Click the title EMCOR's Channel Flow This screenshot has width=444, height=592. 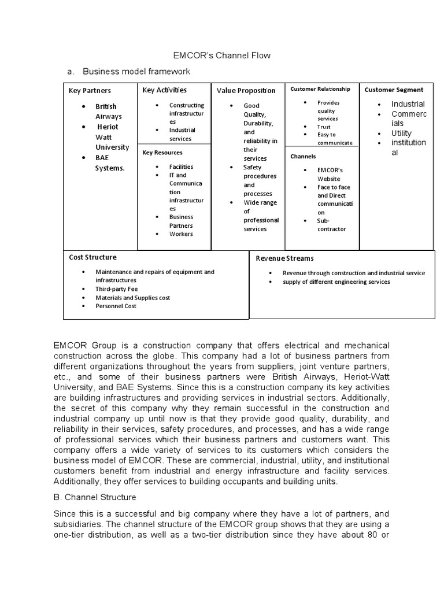[222, 55]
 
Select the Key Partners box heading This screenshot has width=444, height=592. [90, 91]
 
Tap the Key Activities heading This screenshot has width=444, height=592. [165, 90]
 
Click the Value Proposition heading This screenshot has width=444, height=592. [246, 91]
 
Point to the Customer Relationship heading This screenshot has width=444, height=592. [320, 89]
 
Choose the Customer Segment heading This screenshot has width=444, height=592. [394, 90]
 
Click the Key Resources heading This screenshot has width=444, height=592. [162, 153]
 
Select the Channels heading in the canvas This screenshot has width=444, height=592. [303, 157]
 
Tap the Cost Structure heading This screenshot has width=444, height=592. [92, 257]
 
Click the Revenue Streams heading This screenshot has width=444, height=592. [285, 258]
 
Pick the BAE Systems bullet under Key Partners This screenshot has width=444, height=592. [110, 162]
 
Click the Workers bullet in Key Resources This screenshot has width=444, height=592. [181, 234]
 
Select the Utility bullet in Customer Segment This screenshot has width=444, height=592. [401, 133]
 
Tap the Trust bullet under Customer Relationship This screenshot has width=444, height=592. [324, 127]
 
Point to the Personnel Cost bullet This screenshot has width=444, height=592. [116, 306]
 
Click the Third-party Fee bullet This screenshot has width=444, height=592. [117, 288]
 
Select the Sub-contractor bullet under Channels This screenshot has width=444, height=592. [331, 225]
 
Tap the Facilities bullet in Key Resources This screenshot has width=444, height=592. [181, 166]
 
